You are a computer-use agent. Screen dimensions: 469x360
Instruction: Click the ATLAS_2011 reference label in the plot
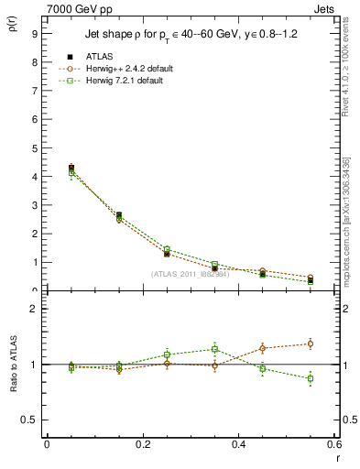coord(189,274)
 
